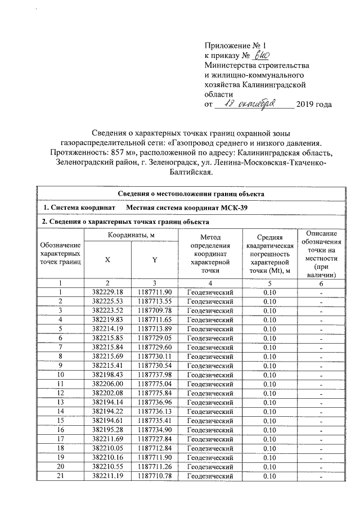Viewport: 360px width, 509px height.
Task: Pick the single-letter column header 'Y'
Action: coord(154,259)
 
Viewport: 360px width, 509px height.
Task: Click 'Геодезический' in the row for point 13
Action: coord(210,402)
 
